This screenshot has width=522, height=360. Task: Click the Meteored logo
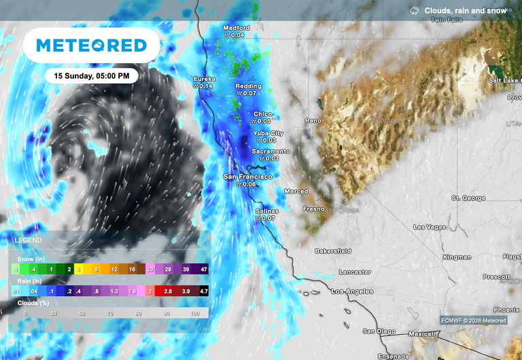click(x=91, y=46)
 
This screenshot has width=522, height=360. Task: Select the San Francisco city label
click(x=248, y=177)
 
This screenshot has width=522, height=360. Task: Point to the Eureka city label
click(x=205, y=79)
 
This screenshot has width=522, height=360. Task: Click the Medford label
click(x=237, y=28)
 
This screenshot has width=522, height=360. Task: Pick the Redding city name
click(x=248, y=86)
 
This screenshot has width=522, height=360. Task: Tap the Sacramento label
click(x=271, y=151)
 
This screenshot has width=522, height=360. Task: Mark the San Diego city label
click(x=378, y=331)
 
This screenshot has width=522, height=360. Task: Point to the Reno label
click(x=313, y=120)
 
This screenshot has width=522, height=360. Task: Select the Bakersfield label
click(x=333, y=251)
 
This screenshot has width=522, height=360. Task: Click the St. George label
click(x=468, y=198)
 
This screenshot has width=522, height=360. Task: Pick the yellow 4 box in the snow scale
click(x=80, y=270)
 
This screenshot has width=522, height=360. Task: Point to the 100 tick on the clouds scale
click(x=195, y=313)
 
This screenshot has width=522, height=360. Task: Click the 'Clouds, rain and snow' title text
click(x=466, y=11)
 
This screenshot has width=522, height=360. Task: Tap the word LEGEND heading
click(x=28, y=240)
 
